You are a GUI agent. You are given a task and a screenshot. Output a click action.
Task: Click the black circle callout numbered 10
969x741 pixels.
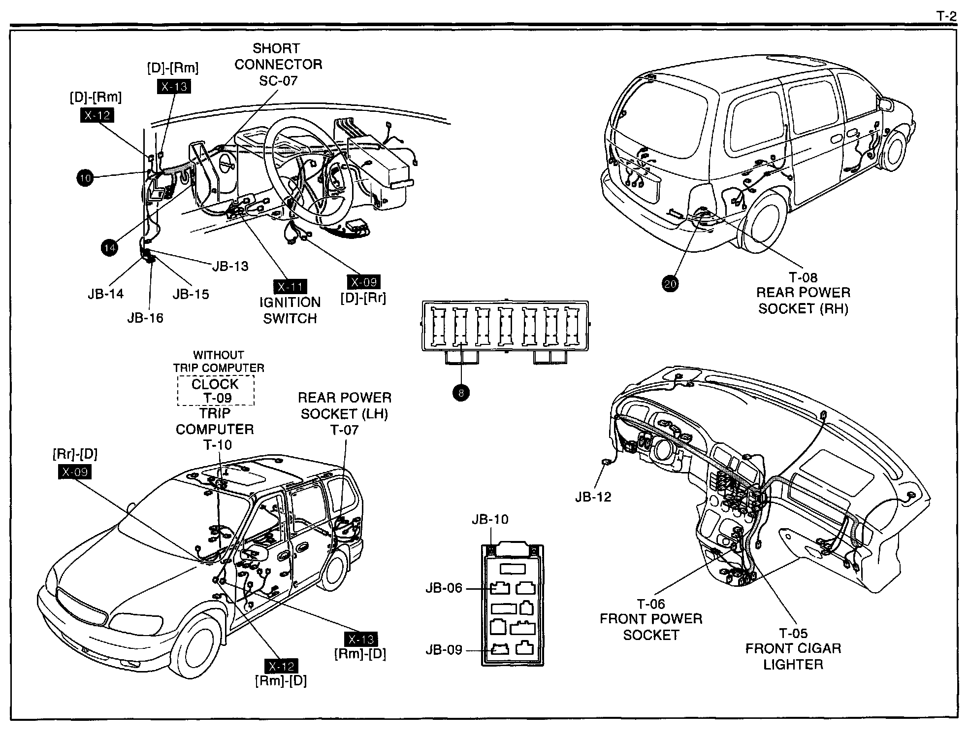(x=85, y=178)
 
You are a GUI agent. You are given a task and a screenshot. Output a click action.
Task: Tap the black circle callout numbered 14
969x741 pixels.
(x=110, y=247)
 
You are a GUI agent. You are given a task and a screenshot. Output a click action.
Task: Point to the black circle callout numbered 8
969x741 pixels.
(x=461, y=393)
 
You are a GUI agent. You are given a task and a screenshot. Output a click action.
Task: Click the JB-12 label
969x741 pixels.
(x=593, y=497)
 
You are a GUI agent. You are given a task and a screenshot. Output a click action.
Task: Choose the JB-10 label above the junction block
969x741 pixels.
(x=490, y=519)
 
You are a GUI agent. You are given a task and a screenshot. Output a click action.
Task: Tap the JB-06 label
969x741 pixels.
(x=444, y=588)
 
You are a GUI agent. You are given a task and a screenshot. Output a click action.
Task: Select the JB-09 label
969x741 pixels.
(x=444, y=650)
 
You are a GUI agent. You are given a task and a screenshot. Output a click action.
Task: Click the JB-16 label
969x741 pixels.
(x=145, y=318)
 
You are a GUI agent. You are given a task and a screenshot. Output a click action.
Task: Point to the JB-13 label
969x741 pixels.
(x=230, y=266)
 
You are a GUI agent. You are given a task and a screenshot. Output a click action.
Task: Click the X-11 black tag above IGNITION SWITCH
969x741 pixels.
(x=290, y=287)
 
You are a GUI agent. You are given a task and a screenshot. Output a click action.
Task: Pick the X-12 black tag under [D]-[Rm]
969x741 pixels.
(x=97, y=115)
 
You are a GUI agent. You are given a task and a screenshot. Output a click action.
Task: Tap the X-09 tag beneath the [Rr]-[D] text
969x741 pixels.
(x=75, y=472)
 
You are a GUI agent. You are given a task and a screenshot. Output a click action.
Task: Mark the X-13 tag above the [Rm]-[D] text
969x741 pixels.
(x=361, y=639)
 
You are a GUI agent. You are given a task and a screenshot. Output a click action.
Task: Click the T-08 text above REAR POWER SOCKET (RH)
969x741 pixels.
(x=803, y=277)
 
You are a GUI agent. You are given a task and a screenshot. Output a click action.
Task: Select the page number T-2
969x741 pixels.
(x=946, y=16)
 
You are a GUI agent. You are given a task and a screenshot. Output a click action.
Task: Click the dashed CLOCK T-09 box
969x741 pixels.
(x=216, y=390)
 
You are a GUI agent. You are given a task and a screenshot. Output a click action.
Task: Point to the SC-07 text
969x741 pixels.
(x=278, y=80)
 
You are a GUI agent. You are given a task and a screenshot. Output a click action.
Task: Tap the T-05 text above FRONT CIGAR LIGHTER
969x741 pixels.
(x=793, y=633)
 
